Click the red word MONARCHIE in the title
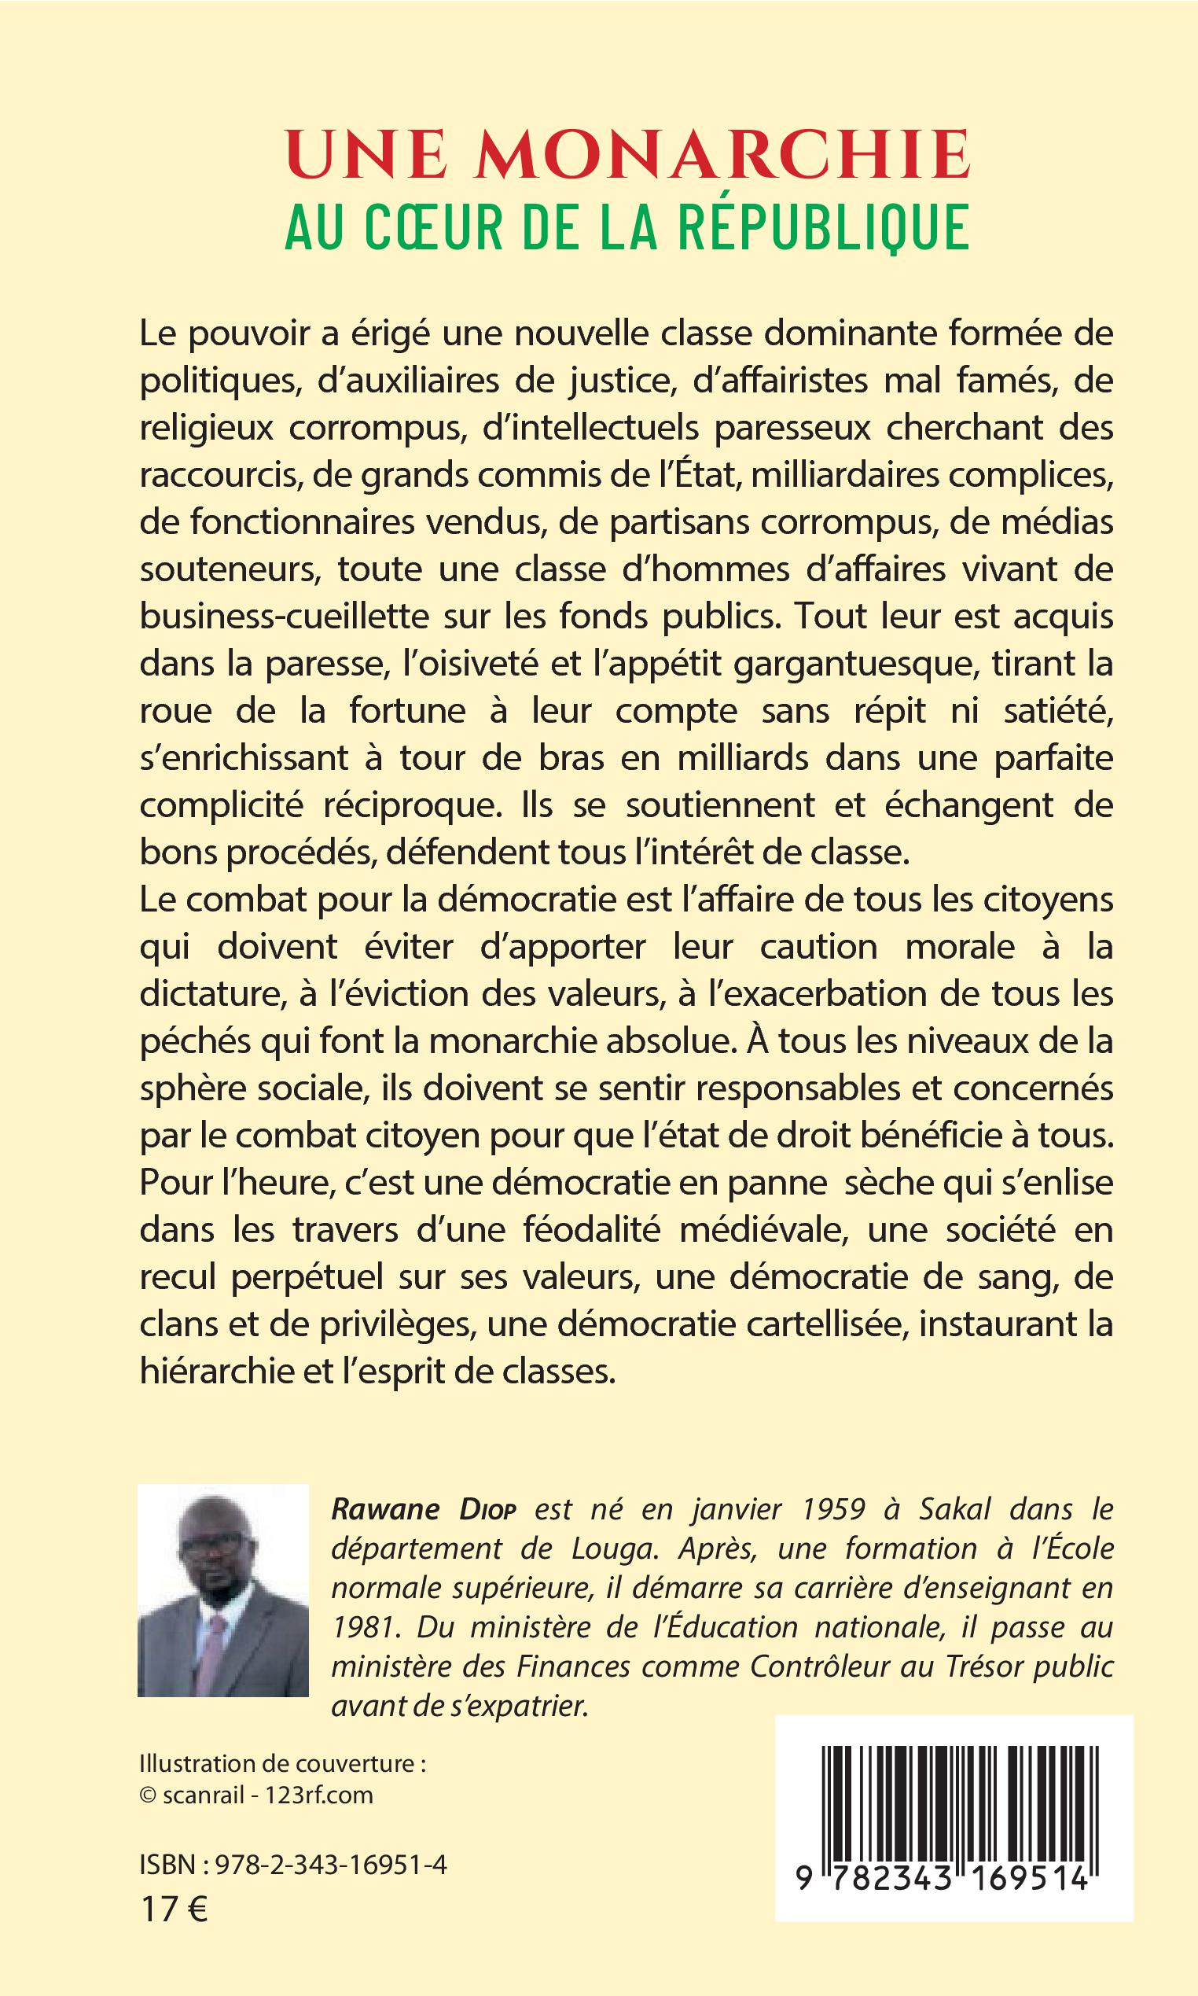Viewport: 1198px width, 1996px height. click(722, 155)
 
